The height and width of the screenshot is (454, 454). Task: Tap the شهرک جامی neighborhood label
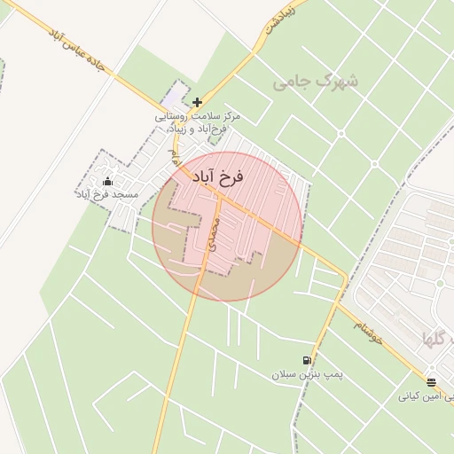pyautogui.click(x=317, y=82)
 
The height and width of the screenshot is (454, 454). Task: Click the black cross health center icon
pyautogui.click(x=197, y=102)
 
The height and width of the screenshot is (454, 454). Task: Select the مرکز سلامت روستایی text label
pyautogui.click(x=199, y=116)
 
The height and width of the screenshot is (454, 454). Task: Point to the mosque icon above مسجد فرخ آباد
pyautogui.click(x=108, y=182)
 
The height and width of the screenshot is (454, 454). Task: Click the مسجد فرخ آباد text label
pyautogui.click(x=106, y=194)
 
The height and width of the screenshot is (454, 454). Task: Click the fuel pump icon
pyautogui.click(x=307, y=360)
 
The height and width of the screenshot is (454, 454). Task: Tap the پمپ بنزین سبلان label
pyautogui.click(x=307, y=374)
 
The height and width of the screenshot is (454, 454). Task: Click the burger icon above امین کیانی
pyautogui.click(x=431, y=383)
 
